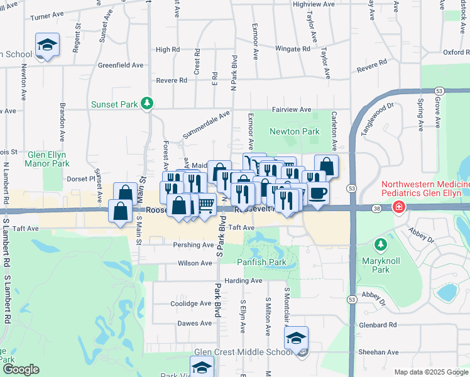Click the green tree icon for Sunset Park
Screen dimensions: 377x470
pyautogui.click(x=147, y=102)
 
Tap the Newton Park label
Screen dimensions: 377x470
pyautogui.click(x=294, y=132)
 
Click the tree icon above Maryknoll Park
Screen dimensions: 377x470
pyautogui.click(x=380, y=244)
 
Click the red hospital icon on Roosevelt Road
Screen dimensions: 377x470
pyautogui.click(x=398, y=207)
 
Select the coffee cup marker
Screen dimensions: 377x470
pyautogui.click(x=317, y=193)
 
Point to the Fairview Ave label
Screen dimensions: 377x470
pyautogui.click(x=291, y=110)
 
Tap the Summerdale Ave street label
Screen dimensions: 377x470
pyautogui.click(x=206, y=126)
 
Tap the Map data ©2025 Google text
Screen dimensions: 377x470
pyautogui.click(x=430, y=372)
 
